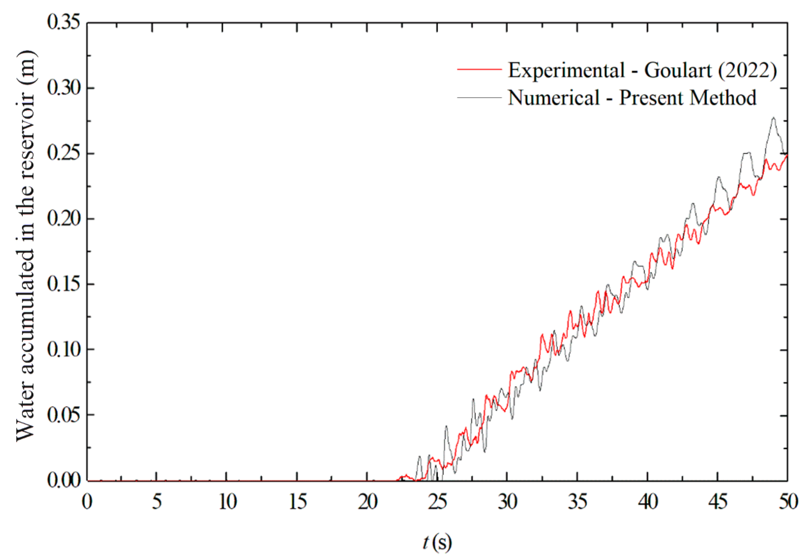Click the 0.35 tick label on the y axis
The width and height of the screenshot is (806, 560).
[x=64, y=22]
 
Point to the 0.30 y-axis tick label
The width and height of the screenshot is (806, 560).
[x=64, y=88]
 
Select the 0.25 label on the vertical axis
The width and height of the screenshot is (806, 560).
[x=64, y=153]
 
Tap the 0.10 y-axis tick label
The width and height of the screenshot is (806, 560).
[x=64, y=349]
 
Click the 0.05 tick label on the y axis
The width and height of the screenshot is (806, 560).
[x=64, y=415]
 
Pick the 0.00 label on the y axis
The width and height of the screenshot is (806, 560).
[x=64, y=480]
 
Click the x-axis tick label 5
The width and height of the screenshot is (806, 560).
[x=156, y=502]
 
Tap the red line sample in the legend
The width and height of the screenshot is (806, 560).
[x=479, y=70]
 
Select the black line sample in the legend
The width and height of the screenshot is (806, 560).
[x=479, y=97]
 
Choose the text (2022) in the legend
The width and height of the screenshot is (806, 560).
[x=747, y=70]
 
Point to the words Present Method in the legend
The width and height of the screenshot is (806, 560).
[x=688, y=97]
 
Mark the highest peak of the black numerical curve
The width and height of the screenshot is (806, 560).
[x=773, y=118]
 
